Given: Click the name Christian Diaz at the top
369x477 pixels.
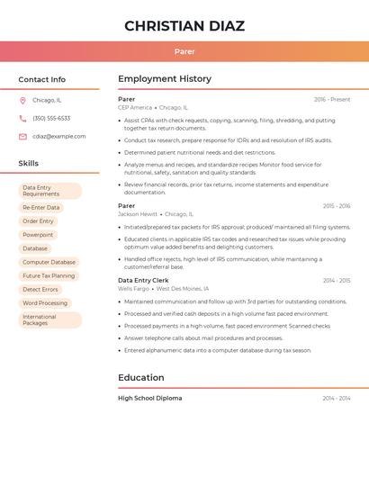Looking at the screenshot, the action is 184,26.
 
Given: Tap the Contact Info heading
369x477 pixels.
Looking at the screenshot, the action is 42,79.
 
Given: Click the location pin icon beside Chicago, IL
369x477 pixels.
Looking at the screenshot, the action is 22,100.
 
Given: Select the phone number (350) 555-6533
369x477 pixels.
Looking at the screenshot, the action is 51,118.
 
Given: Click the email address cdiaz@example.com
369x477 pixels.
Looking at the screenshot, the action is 59,136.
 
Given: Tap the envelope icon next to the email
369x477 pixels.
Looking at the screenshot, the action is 22,136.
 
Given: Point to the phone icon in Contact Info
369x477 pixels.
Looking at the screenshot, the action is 22,118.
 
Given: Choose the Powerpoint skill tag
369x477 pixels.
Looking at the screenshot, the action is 38,235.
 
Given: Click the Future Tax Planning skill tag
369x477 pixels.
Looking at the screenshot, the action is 49,275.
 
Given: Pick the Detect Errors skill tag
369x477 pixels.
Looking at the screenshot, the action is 40,289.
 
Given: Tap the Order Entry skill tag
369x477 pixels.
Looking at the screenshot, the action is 39,220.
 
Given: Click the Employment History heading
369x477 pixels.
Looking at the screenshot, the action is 165,78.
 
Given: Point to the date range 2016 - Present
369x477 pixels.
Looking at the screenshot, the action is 332,99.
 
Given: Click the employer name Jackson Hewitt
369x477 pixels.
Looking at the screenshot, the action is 138,214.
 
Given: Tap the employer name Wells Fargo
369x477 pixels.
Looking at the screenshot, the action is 133,289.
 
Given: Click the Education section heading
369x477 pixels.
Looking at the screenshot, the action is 141,377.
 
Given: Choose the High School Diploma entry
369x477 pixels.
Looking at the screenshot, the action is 149,398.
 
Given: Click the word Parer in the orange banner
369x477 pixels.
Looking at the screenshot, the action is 184,51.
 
